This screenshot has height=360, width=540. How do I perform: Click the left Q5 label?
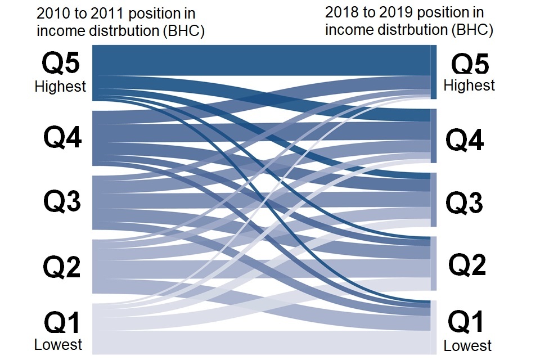pyautogui.click(x=61, y=63)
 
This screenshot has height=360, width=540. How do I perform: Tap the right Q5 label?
pyautogui.click(x=470, y=65)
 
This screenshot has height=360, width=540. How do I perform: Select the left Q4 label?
pyautogui.click(x=62, y=137)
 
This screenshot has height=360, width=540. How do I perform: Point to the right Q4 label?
pyautogui.click(x=465, y=140)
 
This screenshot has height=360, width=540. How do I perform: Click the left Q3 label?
pyautogui.click(x=62, y=201)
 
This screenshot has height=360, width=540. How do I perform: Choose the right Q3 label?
pyautogui.click(x=464, y=203)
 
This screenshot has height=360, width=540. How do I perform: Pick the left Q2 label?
pyautogui.click(x=62, y=267)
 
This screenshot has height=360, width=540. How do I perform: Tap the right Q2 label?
pyautogui.click(x=467, y=264)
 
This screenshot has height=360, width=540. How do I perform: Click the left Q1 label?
pyautogui.click(x=62, y=323)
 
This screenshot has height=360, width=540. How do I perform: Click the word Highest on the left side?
pyautogui.click(x=60, y=87)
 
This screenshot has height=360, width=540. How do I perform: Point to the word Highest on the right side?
pyautogui.click(x=469, y=85)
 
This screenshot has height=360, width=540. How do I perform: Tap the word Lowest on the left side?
pyautogui.click(x=58, y=344)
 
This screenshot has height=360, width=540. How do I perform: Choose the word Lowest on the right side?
pyautogui.click(x=467, y=346)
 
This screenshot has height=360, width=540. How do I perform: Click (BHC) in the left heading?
pyautogui.click(x=183, y=31)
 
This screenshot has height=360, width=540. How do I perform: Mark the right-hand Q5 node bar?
pyautogui.click(x=434, y=72)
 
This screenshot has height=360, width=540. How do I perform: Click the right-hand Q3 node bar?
pyautogui.click(x=434, y=200)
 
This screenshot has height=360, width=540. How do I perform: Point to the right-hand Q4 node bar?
pyautogui.click(x=434, y=136)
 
